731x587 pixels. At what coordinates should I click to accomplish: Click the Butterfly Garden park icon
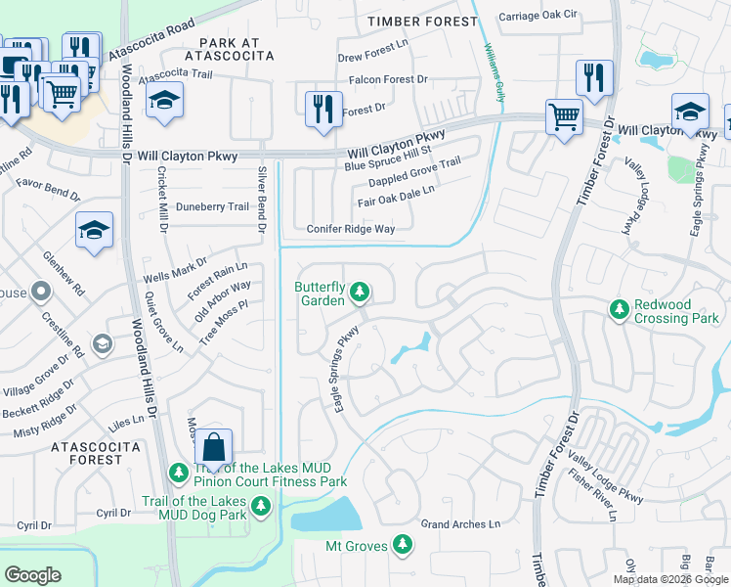(x=360, y=292)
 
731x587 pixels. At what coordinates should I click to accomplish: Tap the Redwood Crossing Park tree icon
(x=618, y=309)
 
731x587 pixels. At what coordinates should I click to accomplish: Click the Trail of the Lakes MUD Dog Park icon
(x=260, y=506)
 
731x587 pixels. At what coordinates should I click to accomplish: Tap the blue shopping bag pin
(x=213, y=449)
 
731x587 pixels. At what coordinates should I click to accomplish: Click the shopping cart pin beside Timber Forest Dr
(x=564, y=117)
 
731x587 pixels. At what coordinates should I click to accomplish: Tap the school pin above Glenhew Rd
(x=94, y=231)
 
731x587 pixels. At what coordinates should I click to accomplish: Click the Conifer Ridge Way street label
(x=351, y=229)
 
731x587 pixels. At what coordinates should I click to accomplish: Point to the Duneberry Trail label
(x=212, y=206)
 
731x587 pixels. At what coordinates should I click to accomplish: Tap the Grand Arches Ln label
(x=460, y=524)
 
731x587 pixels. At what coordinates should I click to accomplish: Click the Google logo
(x=32, y=575)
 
